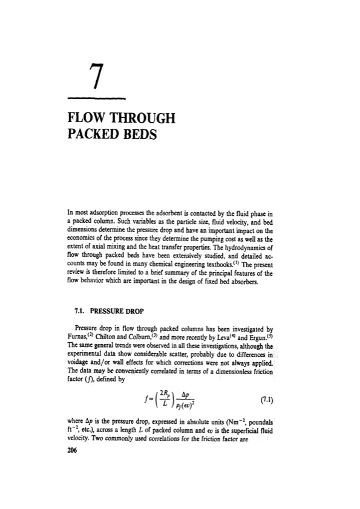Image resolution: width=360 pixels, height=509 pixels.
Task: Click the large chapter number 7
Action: click(x=93, y=74)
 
